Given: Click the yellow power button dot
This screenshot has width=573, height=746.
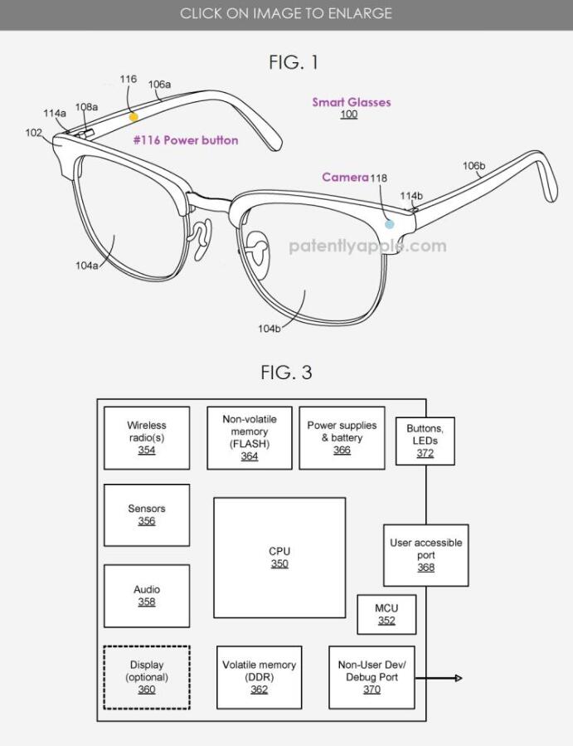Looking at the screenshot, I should click(x=134, y=118).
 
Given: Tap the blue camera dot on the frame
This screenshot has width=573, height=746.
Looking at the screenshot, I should click(x=390, y=224).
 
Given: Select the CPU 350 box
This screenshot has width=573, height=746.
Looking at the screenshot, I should click(x=279, y=557).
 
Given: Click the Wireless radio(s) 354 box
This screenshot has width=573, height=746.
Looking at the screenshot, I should click(x=147, y=437).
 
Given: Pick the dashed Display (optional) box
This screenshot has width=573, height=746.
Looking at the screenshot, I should click(x=147, y=677).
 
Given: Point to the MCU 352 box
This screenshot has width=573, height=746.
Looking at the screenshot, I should click(x=386, y=615).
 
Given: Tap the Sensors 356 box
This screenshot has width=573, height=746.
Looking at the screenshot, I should click(x=147, y=514).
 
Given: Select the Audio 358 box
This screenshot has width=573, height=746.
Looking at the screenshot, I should click(x=147, y=596).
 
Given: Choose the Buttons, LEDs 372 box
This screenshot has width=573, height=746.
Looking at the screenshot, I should click(x=425, y=441).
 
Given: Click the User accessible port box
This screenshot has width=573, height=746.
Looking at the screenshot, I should click(x=425, y=555).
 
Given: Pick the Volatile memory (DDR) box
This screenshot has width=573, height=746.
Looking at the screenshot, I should click(x=259, y=677).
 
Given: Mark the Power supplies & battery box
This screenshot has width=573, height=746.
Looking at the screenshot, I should click(x=342, y=437).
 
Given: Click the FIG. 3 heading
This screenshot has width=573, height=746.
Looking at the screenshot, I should click(x=286, y=373).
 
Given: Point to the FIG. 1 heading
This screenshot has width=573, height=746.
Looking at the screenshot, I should click(x=294, y=62).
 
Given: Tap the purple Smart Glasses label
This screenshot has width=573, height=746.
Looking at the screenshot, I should click(x=351, y=102).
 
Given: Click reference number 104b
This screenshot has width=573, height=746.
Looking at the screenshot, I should click(x=269, y=329).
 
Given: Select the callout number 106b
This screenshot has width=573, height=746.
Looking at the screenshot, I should click(x=473, y=166).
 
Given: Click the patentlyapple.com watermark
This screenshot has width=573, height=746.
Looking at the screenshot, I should click(x=367, y=246).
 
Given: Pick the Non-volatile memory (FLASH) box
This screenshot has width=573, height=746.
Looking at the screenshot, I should click(x=250, y=437).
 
